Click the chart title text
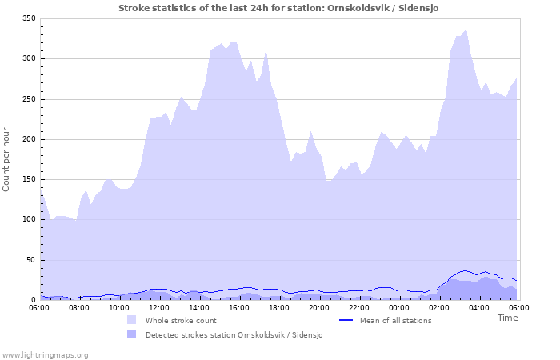[x=278, y=7]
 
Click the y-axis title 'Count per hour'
[x=7, y=158]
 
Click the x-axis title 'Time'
[x=507, y=318]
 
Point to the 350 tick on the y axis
[x=29, y=18]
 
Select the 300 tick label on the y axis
[x=29, y=58]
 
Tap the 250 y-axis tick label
[x=29, y=99]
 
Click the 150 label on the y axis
[x=29, y=179]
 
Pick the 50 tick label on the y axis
[x=31, y=260]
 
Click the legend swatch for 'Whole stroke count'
[x=131, y=320]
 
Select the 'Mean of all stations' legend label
[x=395, y=320]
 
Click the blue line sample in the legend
[x=346, y=320]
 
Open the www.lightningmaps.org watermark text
[x=45, y=354]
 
